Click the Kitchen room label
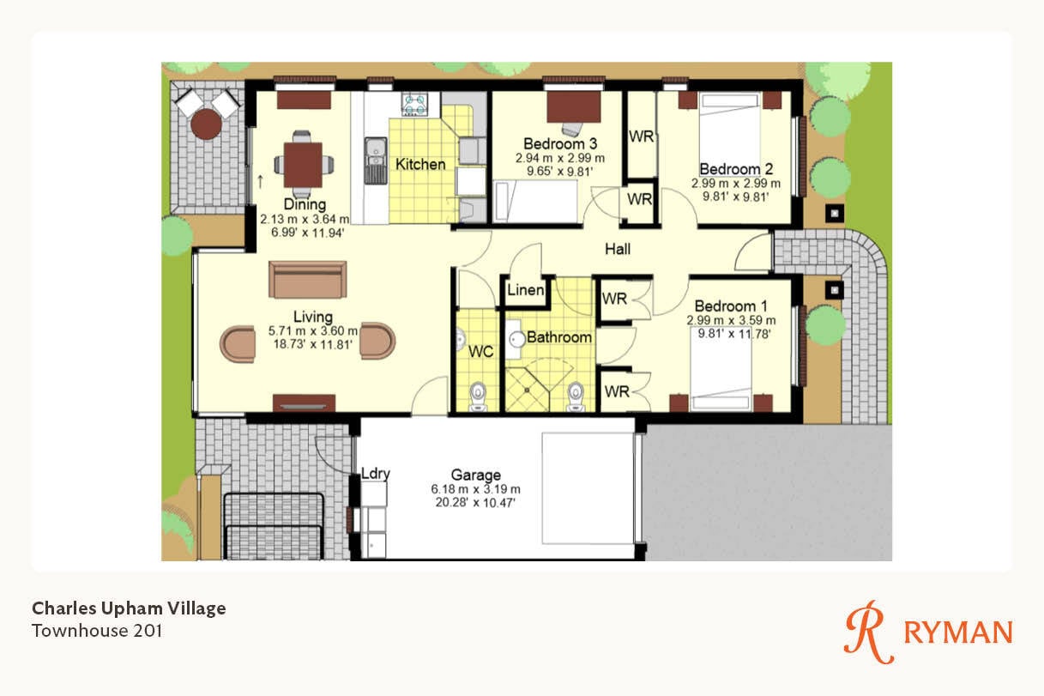point(420,164)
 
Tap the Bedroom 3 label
point(560,143)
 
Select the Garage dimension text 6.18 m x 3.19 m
point(475,489)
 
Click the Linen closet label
point(525,290)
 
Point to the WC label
point(480,351)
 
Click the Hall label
point(618,249)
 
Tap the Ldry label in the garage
point(376,474)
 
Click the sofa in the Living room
point(308,279)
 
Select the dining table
point(304,165)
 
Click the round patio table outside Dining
point(206,124)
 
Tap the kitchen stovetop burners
point(414,104)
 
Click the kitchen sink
point(375,160)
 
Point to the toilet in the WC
point(478,396)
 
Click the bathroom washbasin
point(517,339)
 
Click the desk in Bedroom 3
point(574,106)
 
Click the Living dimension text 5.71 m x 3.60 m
point(313,331)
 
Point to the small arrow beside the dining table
point(260,182)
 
